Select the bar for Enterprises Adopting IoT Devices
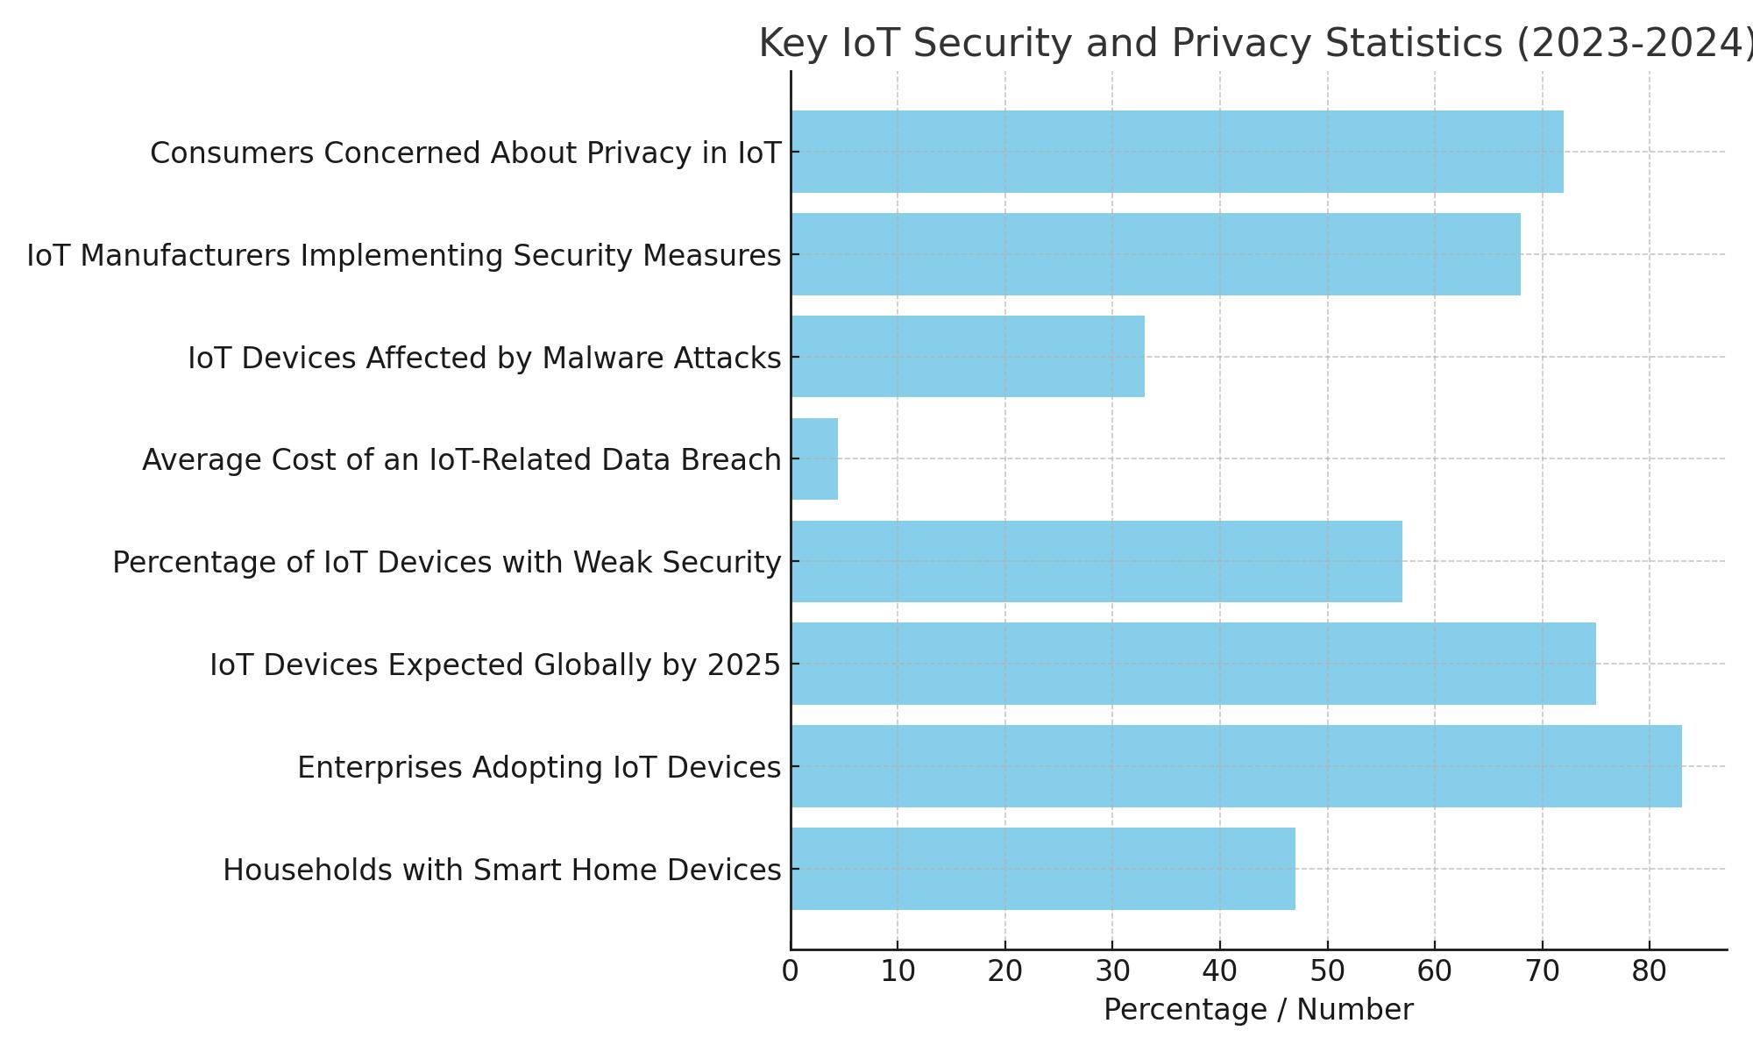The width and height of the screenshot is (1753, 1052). [1236, 766]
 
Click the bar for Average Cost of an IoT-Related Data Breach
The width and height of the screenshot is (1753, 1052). [814, 459]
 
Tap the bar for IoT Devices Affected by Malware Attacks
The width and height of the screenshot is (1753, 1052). [968, 357]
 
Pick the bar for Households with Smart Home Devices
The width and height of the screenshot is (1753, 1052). [1043, 869]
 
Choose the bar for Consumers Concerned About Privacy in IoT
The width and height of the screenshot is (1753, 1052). [1177, 152]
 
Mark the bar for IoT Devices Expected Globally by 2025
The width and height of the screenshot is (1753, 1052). [1193, 664]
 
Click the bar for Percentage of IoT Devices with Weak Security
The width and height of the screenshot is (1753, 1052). [1097, 561]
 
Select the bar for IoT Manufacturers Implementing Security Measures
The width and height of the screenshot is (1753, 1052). [1155, 254]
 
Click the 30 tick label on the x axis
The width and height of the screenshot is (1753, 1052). [1112, 972]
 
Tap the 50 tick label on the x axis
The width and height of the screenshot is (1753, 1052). [1327, 972]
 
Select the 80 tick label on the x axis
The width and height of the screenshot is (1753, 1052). [1650, 972]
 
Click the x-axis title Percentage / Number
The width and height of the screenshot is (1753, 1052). [1258, 1010]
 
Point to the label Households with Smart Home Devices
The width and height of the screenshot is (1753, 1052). [501, 871]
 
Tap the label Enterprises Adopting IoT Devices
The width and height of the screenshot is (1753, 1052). [538, 768]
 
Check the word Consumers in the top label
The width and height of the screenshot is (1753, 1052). [231, 153]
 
